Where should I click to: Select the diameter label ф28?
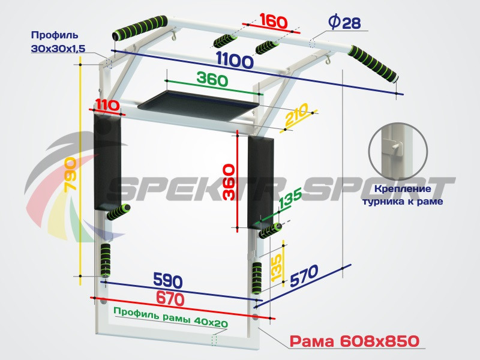point(344,23)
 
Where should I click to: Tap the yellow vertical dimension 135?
point(276,265)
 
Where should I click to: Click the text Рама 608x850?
point(354,341)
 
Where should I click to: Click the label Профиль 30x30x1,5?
point(55,42)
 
